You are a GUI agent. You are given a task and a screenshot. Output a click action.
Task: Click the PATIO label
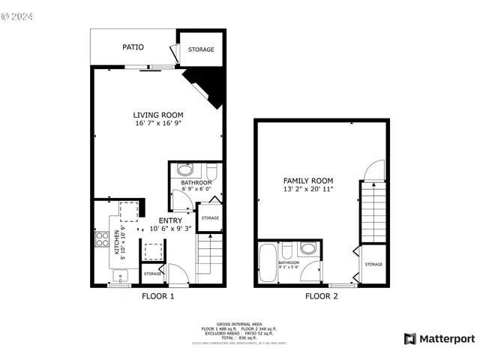tap(133, 47)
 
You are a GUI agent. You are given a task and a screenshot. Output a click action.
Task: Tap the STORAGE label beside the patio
tap(200, 49)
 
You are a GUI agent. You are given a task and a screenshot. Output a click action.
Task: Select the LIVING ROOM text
tap(158, 115)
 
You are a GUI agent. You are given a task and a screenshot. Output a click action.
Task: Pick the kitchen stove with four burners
tap(100, 239)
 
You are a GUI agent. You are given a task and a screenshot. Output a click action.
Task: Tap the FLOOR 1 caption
tap(158, 296)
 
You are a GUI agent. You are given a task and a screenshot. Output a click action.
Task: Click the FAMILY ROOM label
tap(308, 181)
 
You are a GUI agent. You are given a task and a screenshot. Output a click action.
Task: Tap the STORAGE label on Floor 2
tap(373, 264)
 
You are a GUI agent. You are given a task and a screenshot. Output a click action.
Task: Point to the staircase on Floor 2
tap(373, 213)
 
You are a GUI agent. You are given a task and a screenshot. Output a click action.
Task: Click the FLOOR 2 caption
tap(321, 296)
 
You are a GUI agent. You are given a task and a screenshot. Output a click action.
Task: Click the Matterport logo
tap(439, 339)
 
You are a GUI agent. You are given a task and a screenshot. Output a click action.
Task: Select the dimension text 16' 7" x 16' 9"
tap(158, 123)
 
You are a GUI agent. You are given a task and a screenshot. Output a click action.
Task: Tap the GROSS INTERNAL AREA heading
tap(239, 323)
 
